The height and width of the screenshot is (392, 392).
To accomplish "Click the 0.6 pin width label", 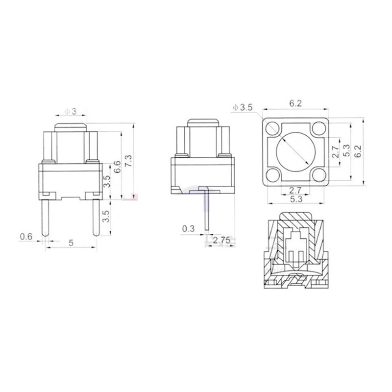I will point(26,237).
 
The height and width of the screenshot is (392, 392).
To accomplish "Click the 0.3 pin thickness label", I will point(188,228).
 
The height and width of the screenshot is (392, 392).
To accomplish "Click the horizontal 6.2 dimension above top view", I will point(295,103).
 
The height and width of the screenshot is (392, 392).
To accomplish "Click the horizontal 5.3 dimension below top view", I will point(295,200).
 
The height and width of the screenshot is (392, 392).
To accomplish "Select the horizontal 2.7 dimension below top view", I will point(295,190).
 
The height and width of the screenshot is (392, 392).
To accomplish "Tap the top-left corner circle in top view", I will point(273,129).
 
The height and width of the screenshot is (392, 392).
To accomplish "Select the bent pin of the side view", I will point(207,211).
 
